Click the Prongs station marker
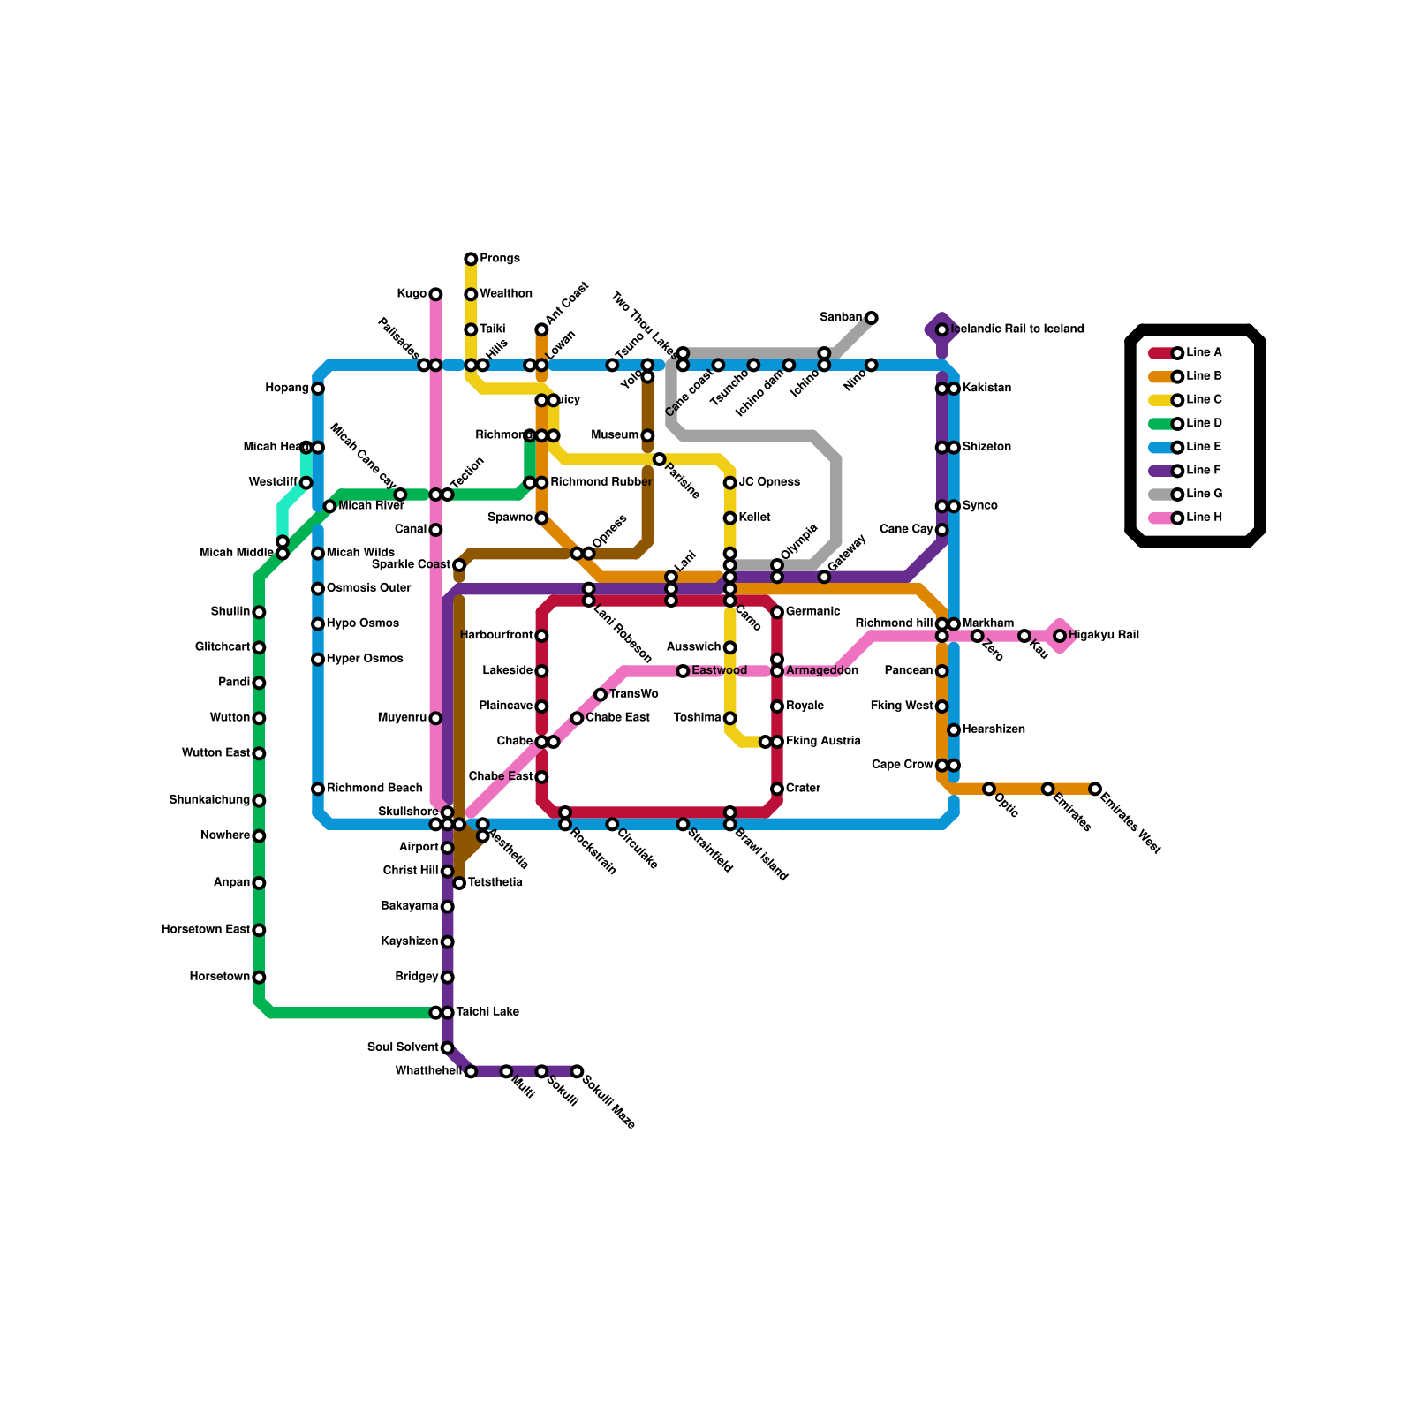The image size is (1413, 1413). pyautogui.click(x=471, y=259)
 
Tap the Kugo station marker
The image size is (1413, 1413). pyautogui.click(x=435, y=294)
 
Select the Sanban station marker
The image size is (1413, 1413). pyautogui.click(x=872, y=318)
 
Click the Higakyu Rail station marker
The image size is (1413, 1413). pyautogui.click(x=1060, y=636)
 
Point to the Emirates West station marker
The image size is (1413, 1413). pyautogui.click(x=1095, y=789)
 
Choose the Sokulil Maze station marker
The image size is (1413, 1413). pyautogui.click(x=577, y=1071)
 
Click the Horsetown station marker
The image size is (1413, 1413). pyautogui.click(x=259, y=978)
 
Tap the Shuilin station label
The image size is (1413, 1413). pyautogui.click(x=230, y=612)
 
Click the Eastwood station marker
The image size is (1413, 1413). pyautogui.click(x=683, y=671)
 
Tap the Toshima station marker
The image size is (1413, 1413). pyautogui.click(x=730, y=718)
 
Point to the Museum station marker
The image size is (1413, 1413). pyautogui.click(x=647, y=435)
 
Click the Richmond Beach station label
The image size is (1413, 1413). pyautogui.click(x=374, y=788)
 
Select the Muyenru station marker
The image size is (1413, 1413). pyautogui.click(x=435, y=718)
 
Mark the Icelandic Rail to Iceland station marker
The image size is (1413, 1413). pyautogui.click(x=942, y=329)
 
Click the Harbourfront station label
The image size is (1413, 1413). pyautogui.click(x=496, y=636)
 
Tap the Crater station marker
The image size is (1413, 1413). pyautogui.click(x=777, y=789)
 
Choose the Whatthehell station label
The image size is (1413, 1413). pyautogui.click(x=428, y=1071)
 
